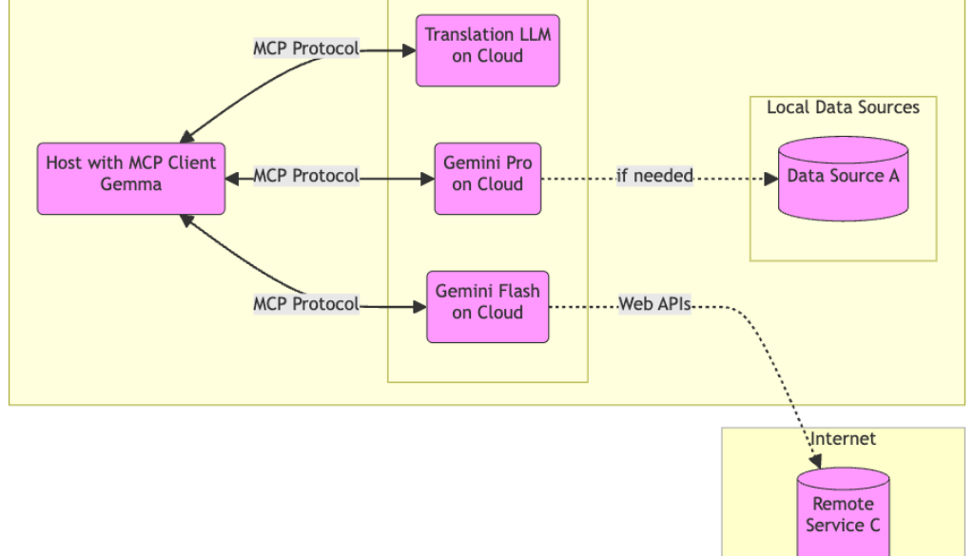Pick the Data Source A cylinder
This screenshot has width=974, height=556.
coord(843,178)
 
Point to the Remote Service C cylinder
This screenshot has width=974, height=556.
coord(843,513)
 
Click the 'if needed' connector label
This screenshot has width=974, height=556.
coord(654,176)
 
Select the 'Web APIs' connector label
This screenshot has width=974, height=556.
coord(654,304)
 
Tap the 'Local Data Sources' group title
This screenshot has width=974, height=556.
coord(843,107)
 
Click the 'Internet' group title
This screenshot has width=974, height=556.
coord(843,438)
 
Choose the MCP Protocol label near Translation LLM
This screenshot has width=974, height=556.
coord(306,48)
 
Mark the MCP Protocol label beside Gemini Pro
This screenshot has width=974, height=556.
coord(306,176)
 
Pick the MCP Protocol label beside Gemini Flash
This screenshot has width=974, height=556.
coord(306,304)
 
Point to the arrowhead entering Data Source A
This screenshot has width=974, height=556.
coord(771,177)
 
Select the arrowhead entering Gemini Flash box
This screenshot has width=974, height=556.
coord(419,305)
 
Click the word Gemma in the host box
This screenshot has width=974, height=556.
coord(131,184)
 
